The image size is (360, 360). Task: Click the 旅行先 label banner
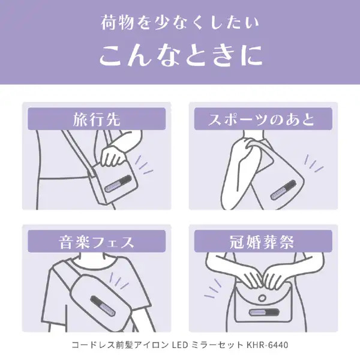point(97,119)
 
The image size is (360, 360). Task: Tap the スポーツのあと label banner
point(263,119)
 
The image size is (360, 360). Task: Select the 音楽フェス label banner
point(97,241)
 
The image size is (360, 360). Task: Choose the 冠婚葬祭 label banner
point(263,241)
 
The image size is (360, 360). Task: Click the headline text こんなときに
point(181,55)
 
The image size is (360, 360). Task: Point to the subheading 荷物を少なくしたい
point(180,23)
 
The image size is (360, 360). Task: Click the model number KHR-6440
point(267,345)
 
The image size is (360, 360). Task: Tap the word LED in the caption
point(180,345)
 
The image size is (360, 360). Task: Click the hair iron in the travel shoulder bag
point(118,184)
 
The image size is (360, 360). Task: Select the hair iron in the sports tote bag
point(283,190)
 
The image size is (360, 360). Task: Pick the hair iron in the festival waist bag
point(103,307)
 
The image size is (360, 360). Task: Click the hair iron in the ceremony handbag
point(264,312)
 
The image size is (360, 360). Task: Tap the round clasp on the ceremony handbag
point(262,298)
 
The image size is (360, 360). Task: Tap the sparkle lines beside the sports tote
point(313,163)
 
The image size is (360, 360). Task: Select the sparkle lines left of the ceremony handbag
point(213,288)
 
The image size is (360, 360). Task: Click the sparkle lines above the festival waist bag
point(118,281)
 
